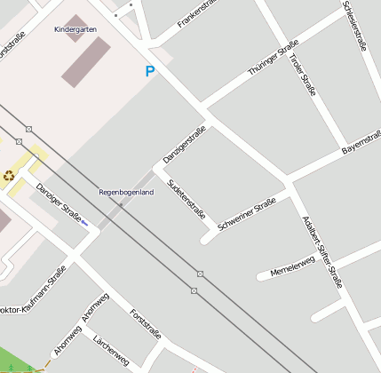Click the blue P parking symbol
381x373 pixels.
pos(150,71)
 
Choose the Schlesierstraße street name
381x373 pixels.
pos(353,27)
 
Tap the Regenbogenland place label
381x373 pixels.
pos(125,192)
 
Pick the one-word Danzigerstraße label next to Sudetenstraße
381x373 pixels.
pos(184,145)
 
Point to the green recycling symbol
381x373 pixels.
pos(9,175)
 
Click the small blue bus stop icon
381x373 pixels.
pos(84,223)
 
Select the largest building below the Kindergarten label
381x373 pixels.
pos(86,63)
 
